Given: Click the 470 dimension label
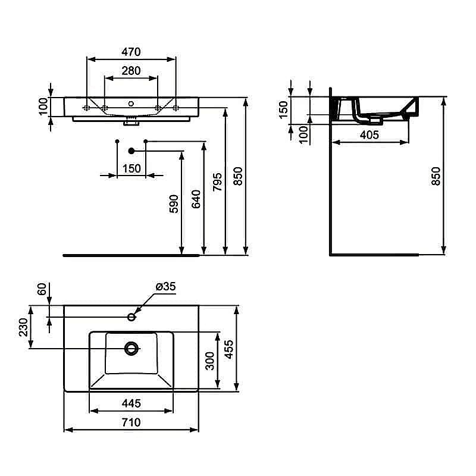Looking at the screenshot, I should click(131, 52).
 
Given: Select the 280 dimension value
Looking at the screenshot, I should click(131, 70).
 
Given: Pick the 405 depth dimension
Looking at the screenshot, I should click(369, 134).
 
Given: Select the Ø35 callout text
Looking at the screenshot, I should click(165, 287).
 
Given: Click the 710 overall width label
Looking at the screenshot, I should click(131, 422).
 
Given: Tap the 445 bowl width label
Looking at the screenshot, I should click(131, 403).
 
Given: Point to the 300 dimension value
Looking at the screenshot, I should click(210, 361).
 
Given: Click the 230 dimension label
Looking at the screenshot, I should click(24, 327).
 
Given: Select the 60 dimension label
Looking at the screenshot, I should click(42, 290).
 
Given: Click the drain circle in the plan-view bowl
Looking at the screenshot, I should click(131, 347).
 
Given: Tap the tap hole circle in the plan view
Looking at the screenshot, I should click(131, 315).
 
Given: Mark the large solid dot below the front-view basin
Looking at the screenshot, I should click(131, 151).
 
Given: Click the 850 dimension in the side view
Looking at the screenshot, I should click(436, 176).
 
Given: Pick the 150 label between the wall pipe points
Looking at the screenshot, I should click(131, 168).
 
